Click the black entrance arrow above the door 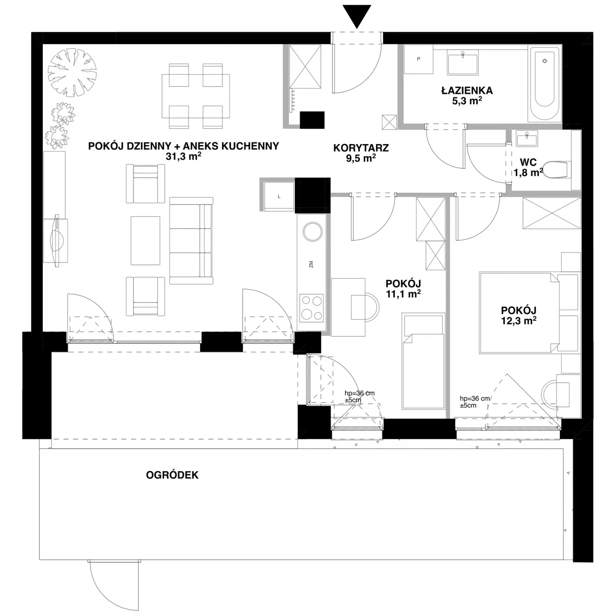(357, 16)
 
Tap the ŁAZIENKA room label (467, 90)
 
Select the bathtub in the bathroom (545, 84)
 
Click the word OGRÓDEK (172, 475)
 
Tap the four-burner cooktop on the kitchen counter (311, 308)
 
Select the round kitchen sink (313, 231)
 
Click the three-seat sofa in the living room (191, 241)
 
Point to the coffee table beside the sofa (145, 241)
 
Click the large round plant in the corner (72, 72)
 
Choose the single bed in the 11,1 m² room (423, 361)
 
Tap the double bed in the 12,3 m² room (519, 313)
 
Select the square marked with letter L (279, 196)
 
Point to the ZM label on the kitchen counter (311, 264)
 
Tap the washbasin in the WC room (526, 138)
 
